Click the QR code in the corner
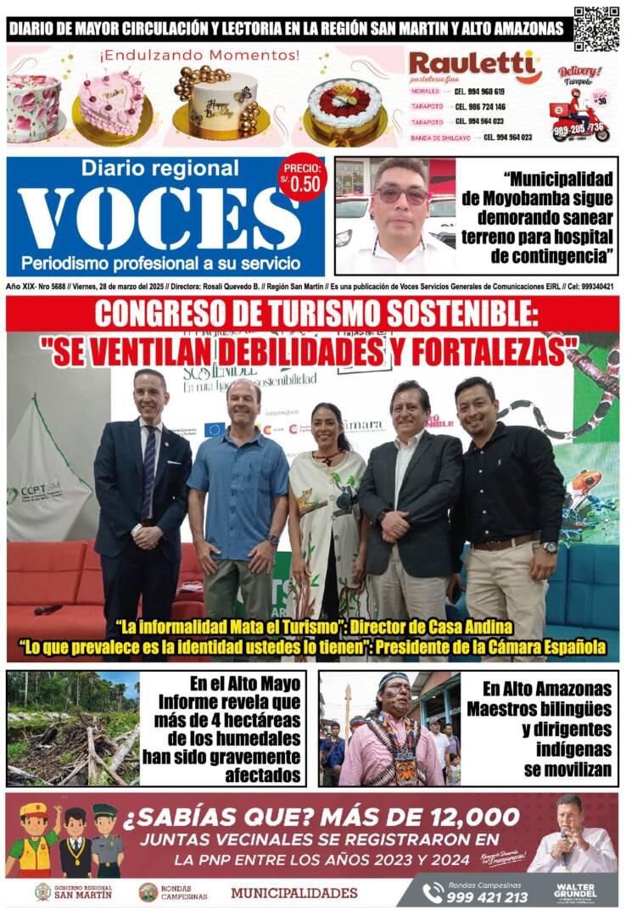point(596,28)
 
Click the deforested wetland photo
point(72,728)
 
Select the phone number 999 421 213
point(488,897)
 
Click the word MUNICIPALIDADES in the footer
point(293,892)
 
